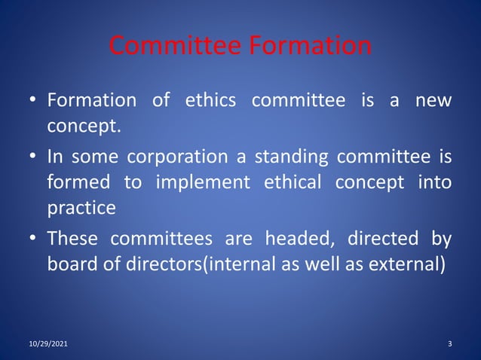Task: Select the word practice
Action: pyautogui.click(x=81, y=208)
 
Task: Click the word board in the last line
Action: pyautogui.click(x=73, y=265)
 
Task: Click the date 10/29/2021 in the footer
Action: pyautogui.click(x=47, y=343)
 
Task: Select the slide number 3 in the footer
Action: pyautogui.click(x=449, y=343)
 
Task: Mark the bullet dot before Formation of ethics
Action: pyautogui.click(x=34, y=100)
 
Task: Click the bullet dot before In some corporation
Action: pyautogui.click(x=34, y=157)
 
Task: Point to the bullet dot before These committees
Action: pyautogui.click(x=34, y=240)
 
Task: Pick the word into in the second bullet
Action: pyautogui.click(x=434, y=182)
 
